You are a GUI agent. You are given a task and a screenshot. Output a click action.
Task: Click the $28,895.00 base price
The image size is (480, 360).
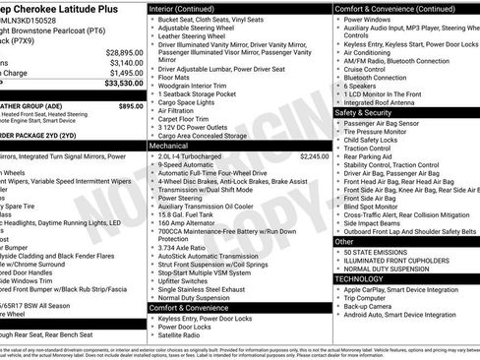[119, 51]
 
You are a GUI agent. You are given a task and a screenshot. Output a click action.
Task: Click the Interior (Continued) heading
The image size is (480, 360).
[189, 8]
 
